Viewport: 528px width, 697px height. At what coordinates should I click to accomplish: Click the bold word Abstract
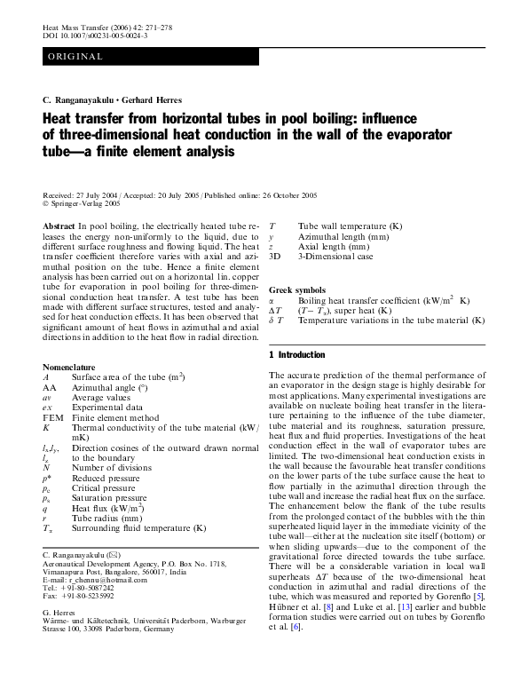click(59, 228)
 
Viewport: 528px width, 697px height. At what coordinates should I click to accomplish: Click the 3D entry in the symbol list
click(276, 257)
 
